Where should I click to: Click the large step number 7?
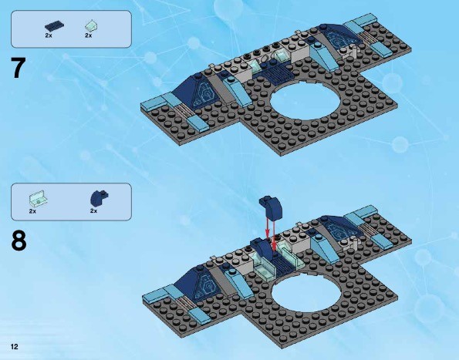19,68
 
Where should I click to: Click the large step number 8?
19,241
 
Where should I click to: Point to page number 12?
15,347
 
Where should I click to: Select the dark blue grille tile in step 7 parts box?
55,27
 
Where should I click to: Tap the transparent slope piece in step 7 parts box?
91,26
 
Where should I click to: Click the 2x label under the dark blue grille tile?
49,35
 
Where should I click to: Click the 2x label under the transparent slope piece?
89,35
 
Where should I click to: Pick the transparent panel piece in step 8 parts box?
38,198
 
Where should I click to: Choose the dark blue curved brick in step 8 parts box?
100,197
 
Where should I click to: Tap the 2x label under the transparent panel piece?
32,211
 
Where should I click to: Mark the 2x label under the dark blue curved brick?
93,211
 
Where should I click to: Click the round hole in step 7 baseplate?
305,101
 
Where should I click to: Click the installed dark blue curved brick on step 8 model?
262,249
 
